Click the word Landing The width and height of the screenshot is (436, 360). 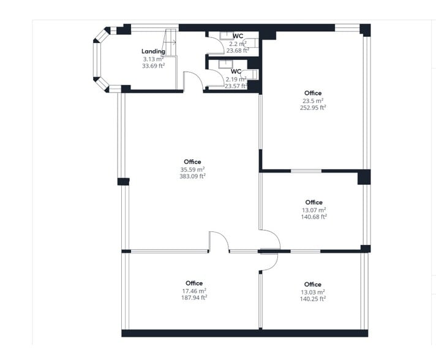point(153,51)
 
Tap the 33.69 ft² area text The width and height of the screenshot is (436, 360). point(153,66)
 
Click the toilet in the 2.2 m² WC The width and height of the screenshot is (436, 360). point(252,44)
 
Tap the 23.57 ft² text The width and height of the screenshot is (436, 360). point(236,86)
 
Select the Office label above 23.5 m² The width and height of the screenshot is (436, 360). point(313,93)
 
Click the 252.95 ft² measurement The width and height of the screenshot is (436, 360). point(313,107)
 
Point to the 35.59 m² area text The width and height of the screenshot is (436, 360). point(192,169)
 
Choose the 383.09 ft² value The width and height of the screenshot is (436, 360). point(192,176)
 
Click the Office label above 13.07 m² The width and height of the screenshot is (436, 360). point(314,202)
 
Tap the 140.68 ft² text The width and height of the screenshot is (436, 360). point(314,216)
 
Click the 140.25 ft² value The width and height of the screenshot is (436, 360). point(312,299)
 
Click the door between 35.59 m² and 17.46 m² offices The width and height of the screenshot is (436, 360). point(219,242)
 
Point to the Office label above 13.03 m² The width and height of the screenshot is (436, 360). point(312,284)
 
